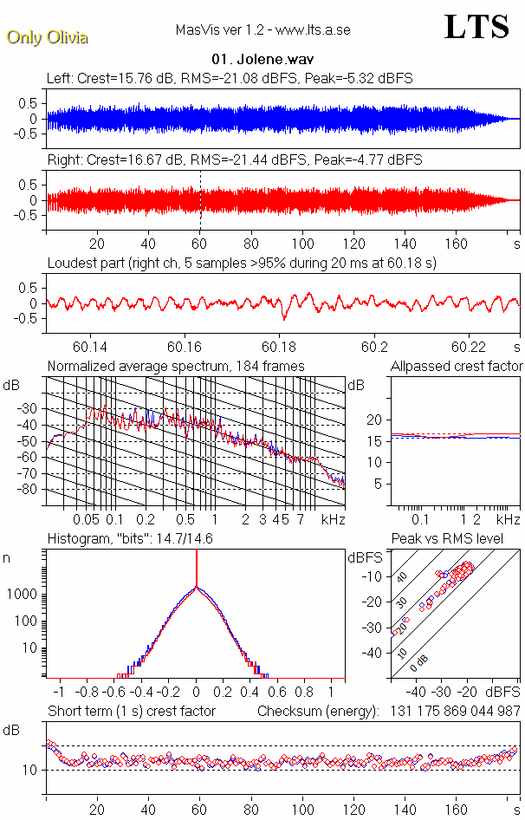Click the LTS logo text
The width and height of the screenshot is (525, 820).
tap(476, 28)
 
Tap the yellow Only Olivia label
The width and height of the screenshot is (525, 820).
tap(47, 37)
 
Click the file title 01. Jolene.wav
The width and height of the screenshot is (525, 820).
tap(262, 60)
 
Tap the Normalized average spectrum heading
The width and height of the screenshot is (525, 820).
tap(175, 367)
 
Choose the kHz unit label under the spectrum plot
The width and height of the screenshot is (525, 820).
tap(334, 519)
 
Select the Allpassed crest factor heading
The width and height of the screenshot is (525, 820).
tap(457, 367)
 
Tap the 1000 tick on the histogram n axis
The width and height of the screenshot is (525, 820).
tap(23, 595)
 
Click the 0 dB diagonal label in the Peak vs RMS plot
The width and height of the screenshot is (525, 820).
tap(421, 661)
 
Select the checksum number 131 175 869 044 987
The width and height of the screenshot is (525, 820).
tap(449, 711)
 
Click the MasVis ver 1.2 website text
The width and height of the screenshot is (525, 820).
tap(262, 31)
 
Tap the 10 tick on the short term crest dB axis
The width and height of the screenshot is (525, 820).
tap(29, 770)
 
